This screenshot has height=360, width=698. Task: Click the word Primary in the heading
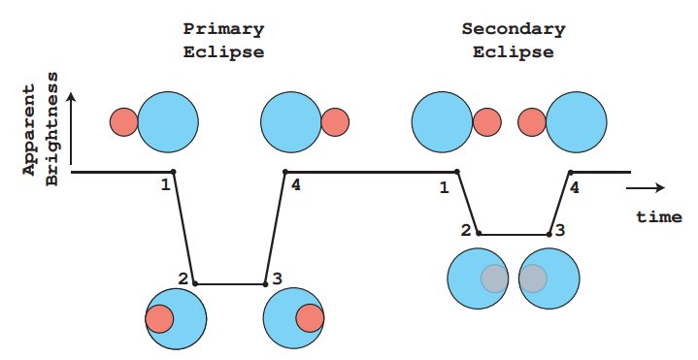pos(223,28)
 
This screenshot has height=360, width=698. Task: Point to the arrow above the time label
pos(648,187)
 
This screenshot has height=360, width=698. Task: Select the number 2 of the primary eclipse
pos(183,278)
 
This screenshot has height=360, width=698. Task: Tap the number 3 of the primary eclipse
pos(277,279)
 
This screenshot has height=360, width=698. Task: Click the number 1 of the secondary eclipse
pos(444,186)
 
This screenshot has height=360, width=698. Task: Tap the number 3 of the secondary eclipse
pos(561,231)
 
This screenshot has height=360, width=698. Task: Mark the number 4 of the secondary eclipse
pos(575,187)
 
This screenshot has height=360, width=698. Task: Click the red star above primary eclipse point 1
pos(123,121)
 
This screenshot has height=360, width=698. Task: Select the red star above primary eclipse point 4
pos(335,121)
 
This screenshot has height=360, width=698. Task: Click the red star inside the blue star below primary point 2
pos(159,318)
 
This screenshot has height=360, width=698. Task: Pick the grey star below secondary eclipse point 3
pos(532,278)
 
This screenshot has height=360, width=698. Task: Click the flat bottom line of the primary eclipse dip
pos(230,284)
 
